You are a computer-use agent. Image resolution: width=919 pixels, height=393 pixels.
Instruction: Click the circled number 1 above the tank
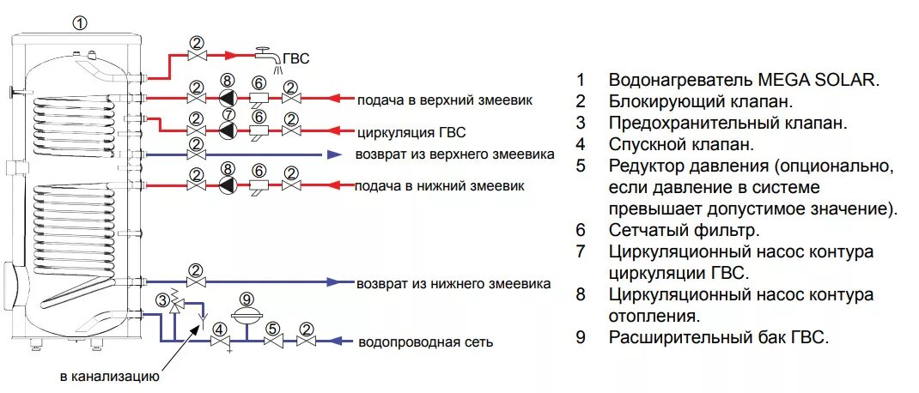(x=80, y=24)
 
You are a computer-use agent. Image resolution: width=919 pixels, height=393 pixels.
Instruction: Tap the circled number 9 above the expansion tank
(x=247, y=299)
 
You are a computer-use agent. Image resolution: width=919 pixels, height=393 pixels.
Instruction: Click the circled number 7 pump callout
(x=228, y=115)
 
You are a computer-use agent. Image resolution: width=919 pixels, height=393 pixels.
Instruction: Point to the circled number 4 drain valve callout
(x=220, y=329)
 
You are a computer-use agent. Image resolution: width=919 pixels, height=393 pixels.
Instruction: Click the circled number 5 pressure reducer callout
(x=272, y=329)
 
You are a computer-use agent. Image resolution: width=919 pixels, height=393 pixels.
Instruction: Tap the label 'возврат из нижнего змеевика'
(x=453, y=283)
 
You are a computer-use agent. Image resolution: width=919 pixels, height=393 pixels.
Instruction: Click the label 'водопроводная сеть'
(x=425, y=342)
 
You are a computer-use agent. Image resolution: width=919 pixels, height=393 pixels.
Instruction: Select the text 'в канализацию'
(x=108, y=376)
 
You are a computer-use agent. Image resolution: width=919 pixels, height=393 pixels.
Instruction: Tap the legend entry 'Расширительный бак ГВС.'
(x=718, y=337)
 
